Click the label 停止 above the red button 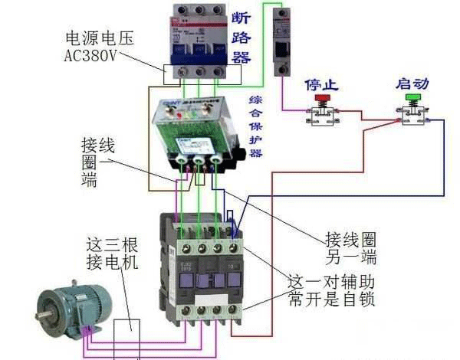pos(317,83)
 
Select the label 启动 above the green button pos(412,83)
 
